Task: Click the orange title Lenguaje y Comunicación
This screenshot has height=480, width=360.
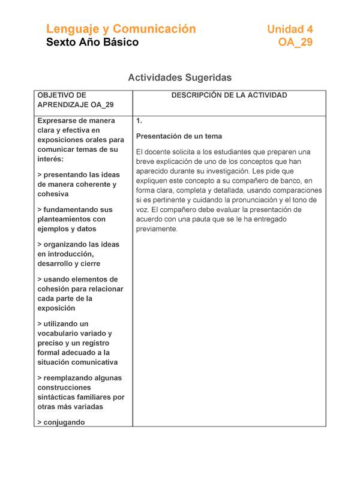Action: click(x=121, y=29)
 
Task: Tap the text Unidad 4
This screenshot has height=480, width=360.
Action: click(x=290, y=29)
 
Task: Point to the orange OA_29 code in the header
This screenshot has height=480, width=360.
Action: click(x=295, y=43)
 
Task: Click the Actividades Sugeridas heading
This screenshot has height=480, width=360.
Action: click(x=179, y=78)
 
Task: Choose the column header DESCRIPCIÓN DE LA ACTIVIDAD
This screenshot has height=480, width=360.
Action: click(x=229, y=95)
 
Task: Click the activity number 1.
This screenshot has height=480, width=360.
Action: click(x=139, y=120)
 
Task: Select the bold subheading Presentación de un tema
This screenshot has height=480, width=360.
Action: click(x=179, y=136)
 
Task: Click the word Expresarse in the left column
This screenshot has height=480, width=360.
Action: click(x=60, y=120)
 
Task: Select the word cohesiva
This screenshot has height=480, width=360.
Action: click(x=53, y=194)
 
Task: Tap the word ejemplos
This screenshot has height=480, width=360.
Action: click(x=53, y=229)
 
